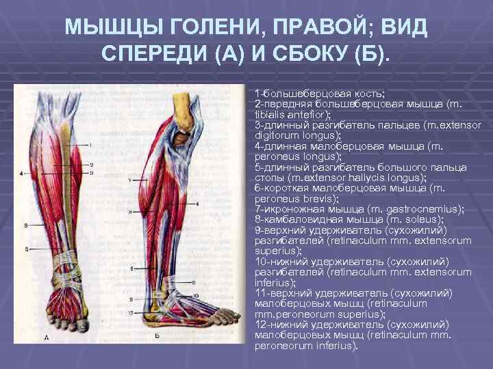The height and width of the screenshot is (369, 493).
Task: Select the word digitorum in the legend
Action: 276,135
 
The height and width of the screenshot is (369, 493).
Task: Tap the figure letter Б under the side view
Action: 158,336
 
